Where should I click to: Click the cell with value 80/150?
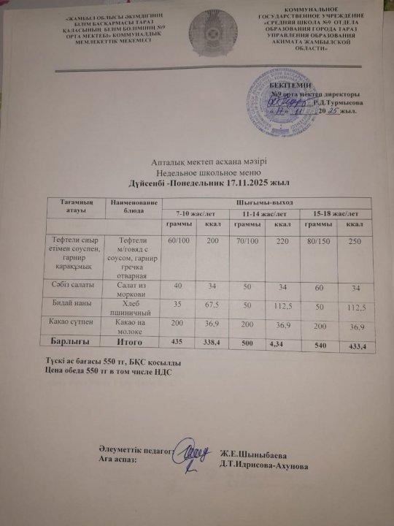pos(313,240)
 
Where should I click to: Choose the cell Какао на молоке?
pos(133,327)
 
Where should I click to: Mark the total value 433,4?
pos(358,343)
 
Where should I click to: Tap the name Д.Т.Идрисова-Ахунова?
pos(269,466)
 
